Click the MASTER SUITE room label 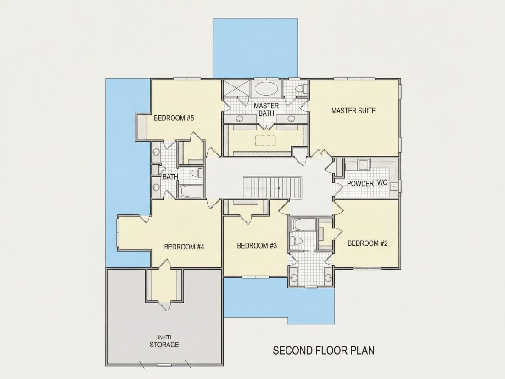pos(353,111)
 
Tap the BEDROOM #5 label pos(174,118)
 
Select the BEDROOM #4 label pos(184,247)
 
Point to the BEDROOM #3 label pos(257,246)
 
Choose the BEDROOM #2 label pos(367,243)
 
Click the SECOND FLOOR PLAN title pos(324,351)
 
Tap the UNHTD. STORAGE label pos(164,342)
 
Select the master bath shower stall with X pos(237,88)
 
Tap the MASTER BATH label pos(266,110)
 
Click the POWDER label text pos(360,183)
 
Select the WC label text pos(382,182)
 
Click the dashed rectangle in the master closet pos(265,141)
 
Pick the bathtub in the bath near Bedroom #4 pos(191,191)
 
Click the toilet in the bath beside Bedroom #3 pos(296,241)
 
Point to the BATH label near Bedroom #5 pos(170,177)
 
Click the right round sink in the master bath pos(292,119)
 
